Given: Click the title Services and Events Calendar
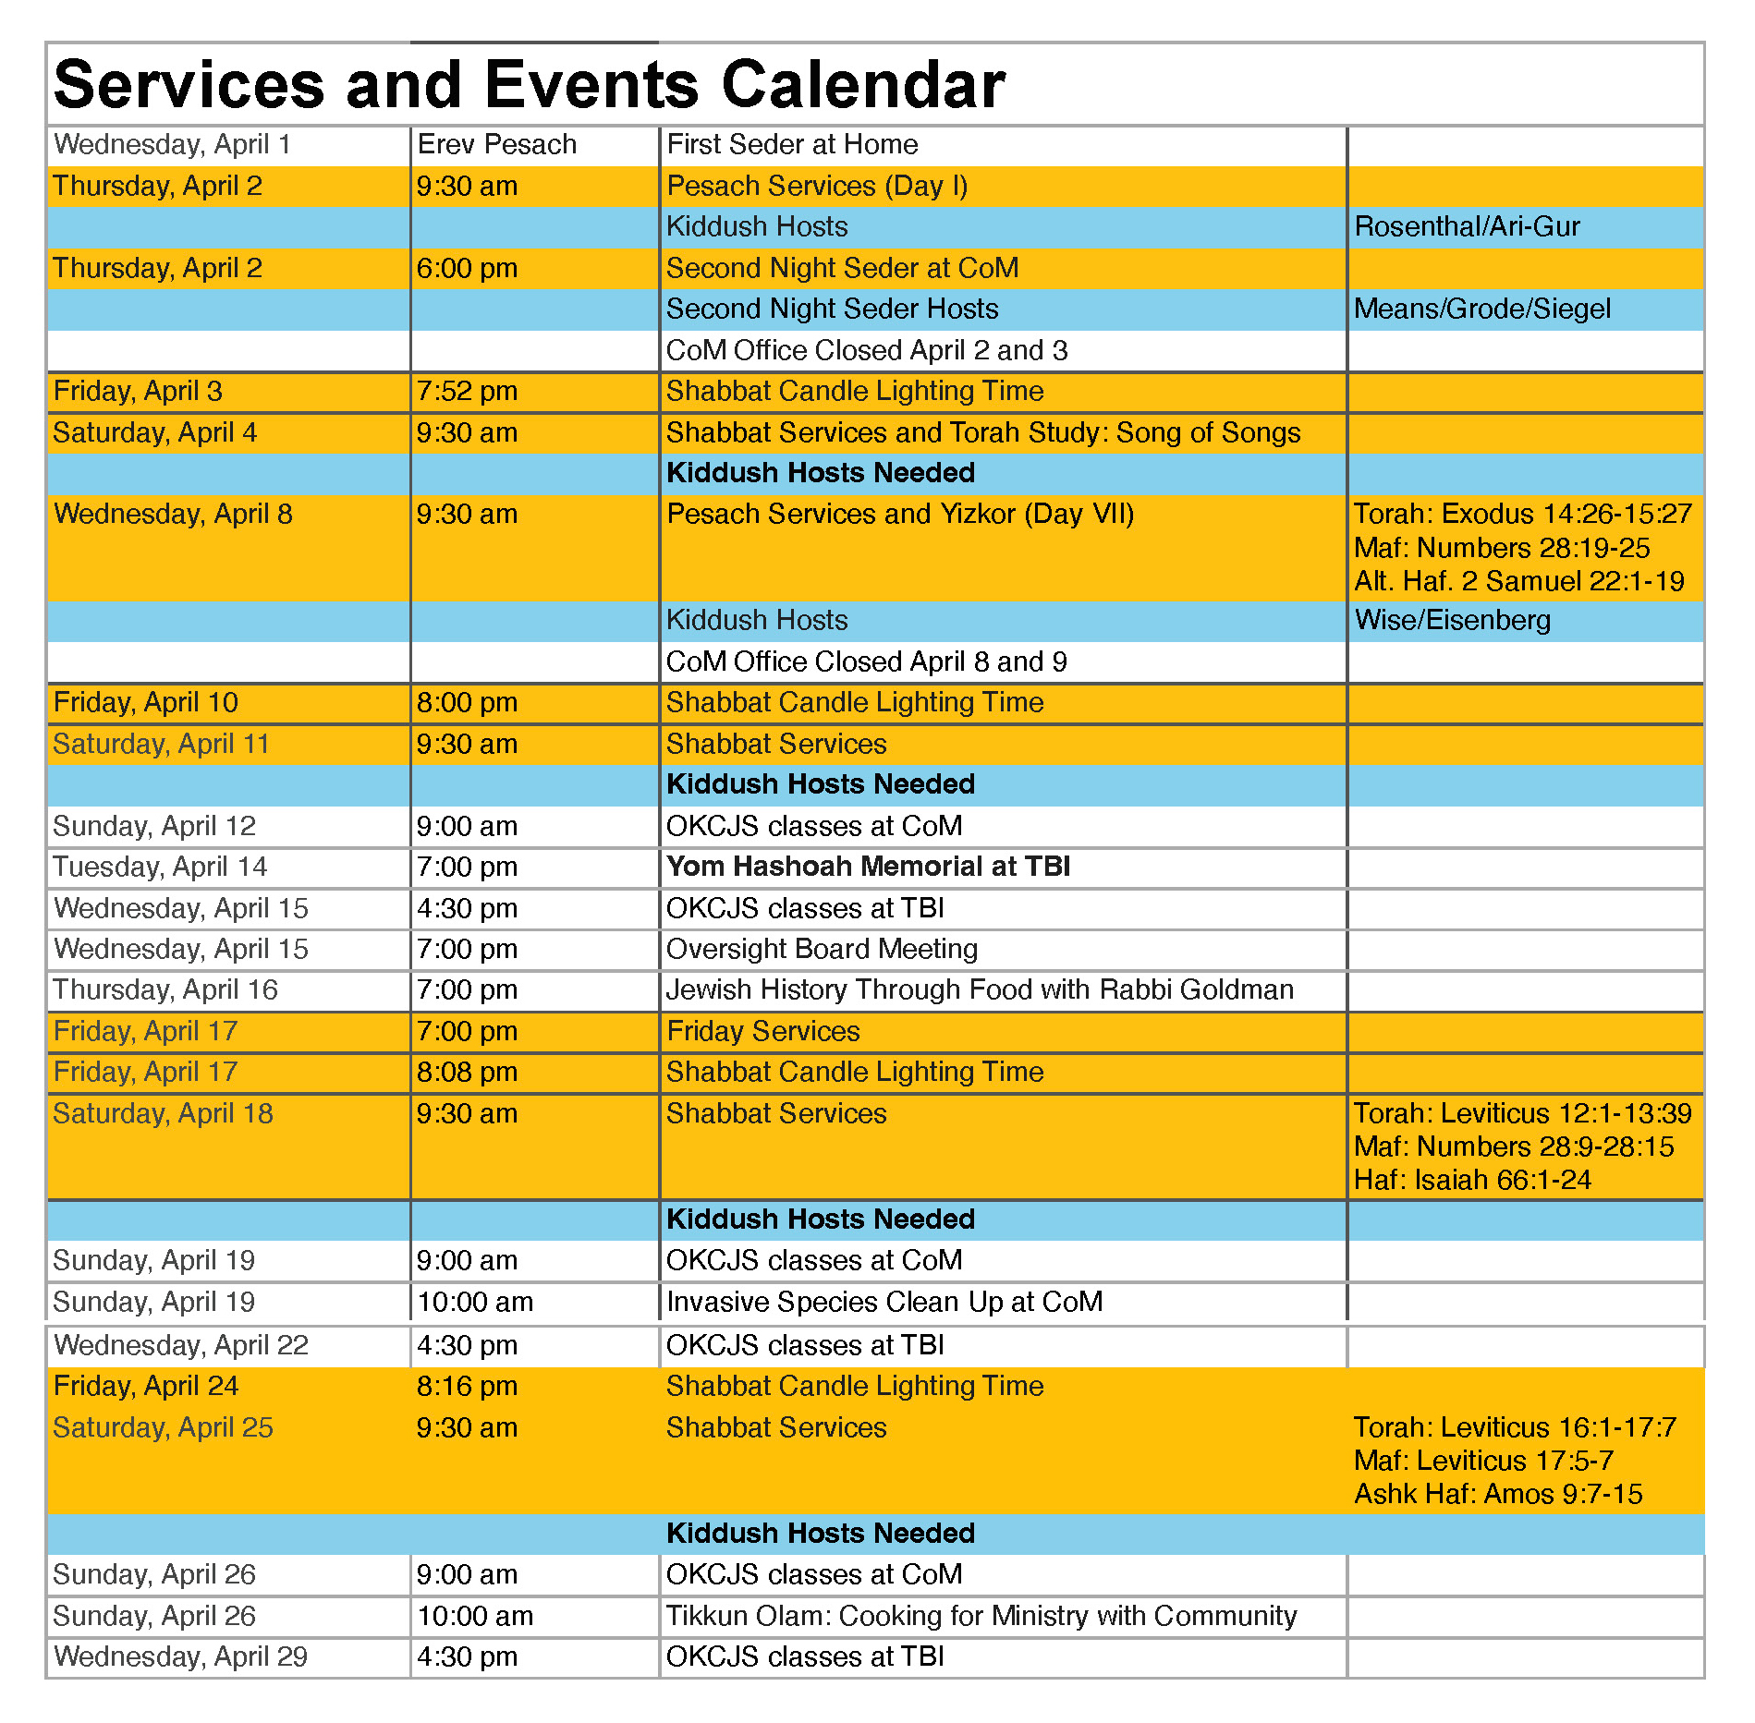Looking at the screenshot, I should click(x=529, y=85).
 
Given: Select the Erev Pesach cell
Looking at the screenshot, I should click(x=496, y=145).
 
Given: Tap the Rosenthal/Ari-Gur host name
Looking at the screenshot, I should click(x=1467, y=227).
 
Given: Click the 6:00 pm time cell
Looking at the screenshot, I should click(x=467, y=269).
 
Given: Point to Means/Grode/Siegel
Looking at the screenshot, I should click(x=1481, y=309).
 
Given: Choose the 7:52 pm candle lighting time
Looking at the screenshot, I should click(x=467, y=392).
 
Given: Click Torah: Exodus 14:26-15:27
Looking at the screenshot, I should click(x=1522, y=515).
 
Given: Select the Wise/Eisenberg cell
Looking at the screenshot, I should click(x=1452, y=621).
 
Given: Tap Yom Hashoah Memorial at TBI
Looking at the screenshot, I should click(x=868, y=867).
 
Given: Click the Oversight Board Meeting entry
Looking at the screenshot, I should click(x=822, y=949).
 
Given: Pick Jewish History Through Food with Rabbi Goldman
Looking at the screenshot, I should click(x=980, y=990).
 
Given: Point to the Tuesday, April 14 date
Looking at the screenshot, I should click(x=160, y=868).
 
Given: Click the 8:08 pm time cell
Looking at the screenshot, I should click(x=467, y=1073).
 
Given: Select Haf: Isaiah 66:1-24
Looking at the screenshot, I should click(x=1472, y=1181).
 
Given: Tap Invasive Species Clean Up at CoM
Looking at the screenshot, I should click(x=884, y=1303).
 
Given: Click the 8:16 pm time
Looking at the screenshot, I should click(x=467, y=1387).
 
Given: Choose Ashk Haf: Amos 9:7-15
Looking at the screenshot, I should click(x=1497, y=1495).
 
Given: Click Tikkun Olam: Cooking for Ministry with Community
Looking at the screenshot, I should click(x=981, y=1617).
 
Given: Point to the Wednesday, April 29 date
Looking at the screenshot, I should click(x=180, y=1657).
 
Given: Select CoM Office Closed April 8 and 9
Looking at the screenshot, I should click(x=866, y=662).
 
